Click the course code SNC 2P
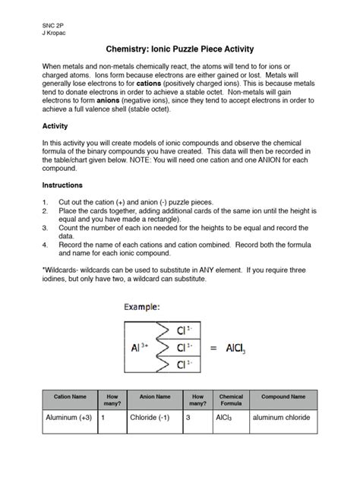point(52,24)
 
